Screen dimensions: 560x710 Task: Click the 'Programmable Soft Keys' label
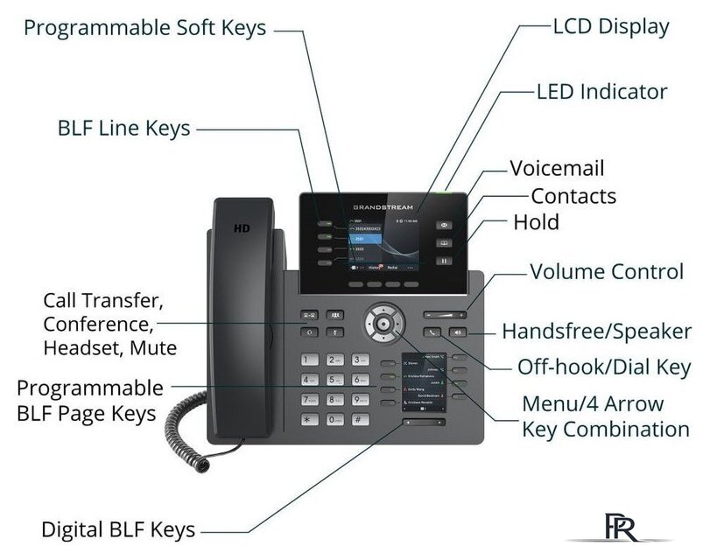click(144, 28)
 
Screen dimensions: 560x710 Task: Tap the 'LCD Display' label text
click(611, 26)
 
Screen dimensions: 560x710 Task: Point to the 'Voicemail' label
click(557, 168)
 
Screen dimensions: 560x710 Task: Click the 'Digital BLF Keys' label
click(118, 529)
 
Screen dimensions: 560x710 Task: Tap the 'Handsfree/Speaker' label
click(596, 332)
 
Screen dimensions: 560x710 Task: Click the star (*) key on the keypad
click(309, 420)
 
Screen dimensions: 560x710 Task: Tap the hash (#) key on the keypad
click(359, 420)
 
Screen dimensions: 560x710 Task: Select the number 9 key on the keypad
click(359, 400)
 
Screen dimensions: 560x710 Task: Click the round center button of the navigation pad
click(383, 323)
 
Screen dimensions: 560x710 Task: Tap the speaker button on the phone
click(459, 332)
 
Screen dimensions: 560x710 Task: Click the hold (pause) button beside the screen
click(445, 260)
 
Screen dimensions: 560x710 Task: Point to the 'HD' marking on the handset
click(242, 228)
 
